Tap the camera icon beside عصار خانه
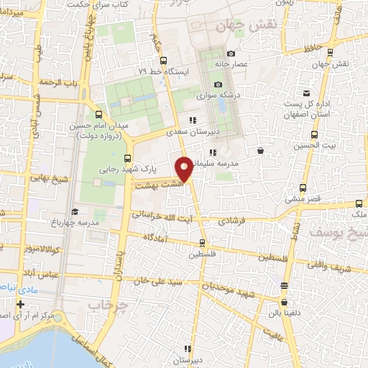pos(231,54)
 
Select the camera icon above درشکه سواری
pos(218,85)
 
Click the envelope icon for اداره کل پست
pos(307,93)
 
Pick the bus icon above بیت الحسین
pos(313,134)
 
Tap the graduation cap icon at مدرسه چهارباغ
pos(75,212)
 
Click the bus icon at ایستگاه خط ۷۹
pos(163,61)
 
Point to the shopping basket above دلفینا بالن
pos(285,285)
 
